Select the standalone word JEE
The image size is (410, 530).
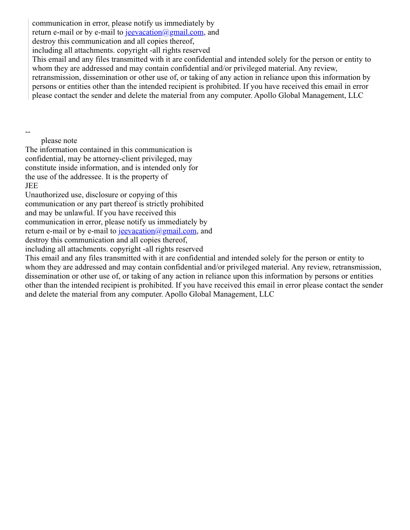[32, 186]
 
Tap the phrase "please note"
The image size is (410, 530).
[59, 141]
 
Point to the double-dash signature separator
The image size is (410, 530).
[28, 132]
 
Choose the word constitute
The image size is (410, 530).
[43, 168]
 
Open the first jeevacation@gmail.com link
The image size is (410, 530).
[164, 32]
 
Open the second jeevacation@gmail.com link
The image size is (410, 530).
[157, 231]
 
